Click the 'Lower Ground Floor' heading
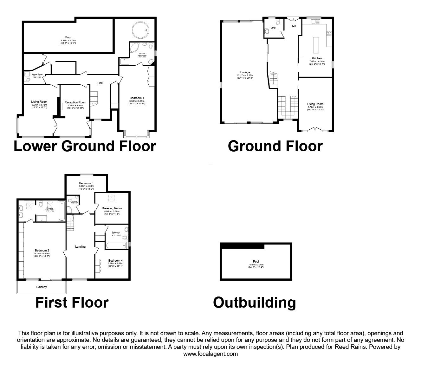[x=85, y=147]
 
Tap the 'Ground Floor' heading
[x=275, y=147]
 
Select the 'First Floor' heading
[x=72, y=302]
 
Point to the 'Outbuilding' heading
[x=254, y=302]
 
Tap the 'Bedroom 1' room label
[x=137, y=98]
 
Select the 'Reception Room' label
[x=75, y=102]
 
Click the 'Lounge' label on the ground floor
[x=245, y=72]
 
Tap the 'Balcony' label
[x=41, y=287]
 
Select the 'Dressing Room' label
[x=112, y=208]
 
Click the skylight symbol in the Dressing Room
[x=112, y=198]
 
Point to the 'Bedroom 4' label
[x=115, y=260]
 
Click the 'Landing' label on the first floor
[x=80, y=246]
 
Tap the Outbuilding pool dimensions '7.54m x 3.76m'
[x=256, y=264]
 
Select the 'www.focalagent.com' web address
[x=210, y=354]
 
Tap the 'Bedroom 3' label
[x=86, y=183]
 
